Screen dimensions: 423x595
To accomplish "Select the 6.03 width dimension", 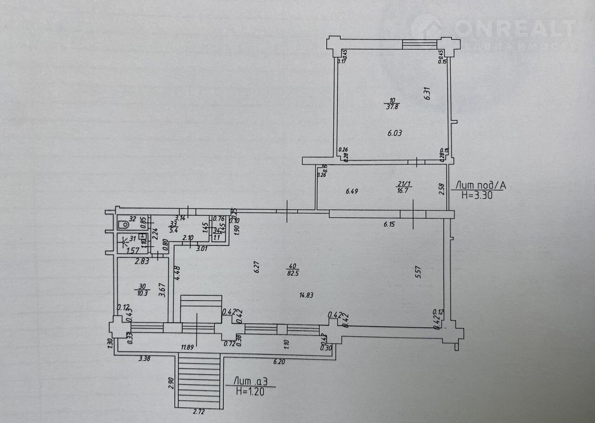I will pyautogui.click(x=395, y=133).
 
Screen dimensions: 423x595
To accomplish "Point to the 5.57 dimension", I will pyautogui.click(x=418, y=271).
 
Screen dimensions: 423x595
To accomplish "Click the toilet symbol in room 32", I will pyautogui.click(x=123, y=225).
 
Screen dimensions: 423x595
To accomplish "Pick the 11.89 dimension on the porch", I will pyautogui.click(x=188, y=347).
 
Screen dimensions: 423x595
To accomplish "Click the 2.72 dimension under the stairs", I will pyautogui.click(x=198, y=411).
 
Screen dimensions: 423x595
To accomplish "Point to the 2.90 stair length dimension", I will pyautogui.click(x=171, y=383).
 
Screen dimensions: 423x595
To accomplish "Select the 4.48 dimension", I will pyautogui.click(x=177, y=272).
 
